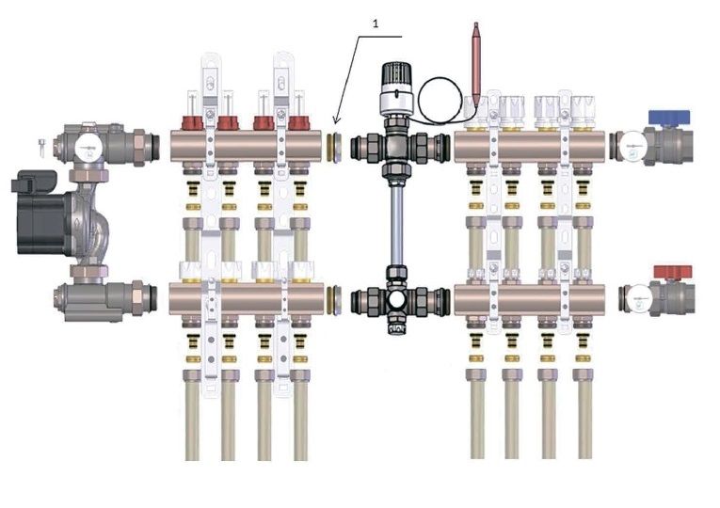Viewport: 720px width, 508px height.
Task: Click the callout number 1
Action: click(376, 24)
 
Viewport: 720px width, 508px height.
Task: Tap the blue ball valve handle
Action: click(668, 117)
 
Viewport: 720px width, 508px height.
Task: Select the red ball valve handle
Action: click(673, 272)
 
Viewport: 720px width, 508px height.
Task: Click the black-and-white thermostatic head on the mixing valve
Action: click(398, 88)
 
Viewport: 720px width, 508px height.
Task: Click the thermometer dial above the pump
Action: click(88, 149)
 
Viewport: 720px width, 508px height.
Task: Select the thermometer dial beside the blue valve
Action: click(633, 146)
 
